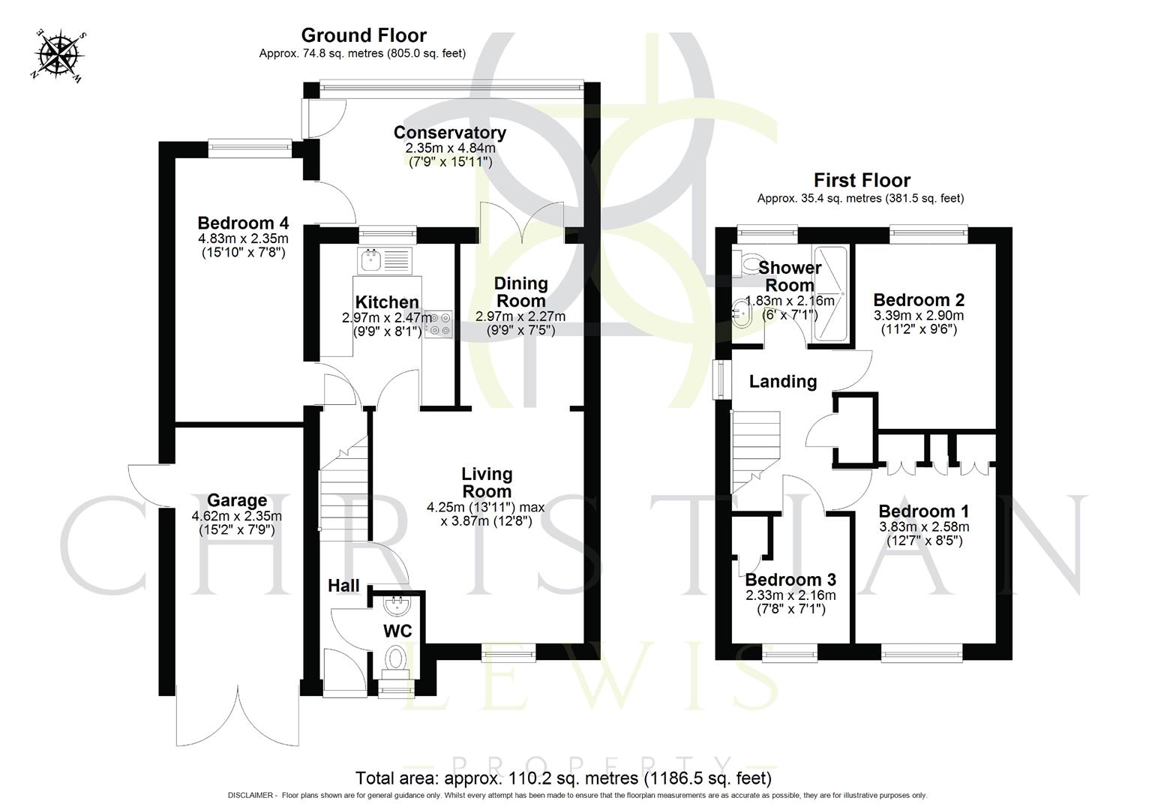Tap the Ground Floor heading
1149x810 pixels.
click(x=364, y=35)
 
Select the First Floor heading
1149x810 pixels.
click(x=862, y=180)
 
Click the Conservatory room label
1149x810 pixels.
click(x=450, y=133)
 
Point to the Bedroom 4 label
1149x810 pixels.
click(x=243, y=223)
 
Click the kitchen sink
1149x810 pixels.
click(x=382, y=260)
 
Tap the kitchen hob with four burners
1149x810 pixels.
click(x=438, y=323)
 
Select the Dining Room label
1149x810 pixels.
click(x=520, y=292)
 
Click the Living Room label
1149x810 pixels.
click(x=487, y=482)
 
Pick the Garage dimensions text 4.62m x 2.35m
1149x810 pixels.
click(x=237, y=516)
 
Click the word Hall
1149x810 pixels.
click(x=343, y=586)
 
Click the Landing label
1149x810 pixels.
click(x=783, y=382)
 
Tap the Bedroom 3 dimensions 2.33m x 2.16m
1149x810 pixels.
click(x=790, y=595)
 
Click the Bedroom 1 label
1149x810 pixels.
click(x=924, y=511)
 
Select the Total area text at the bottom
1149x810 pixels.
click(x=563, y=778)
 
